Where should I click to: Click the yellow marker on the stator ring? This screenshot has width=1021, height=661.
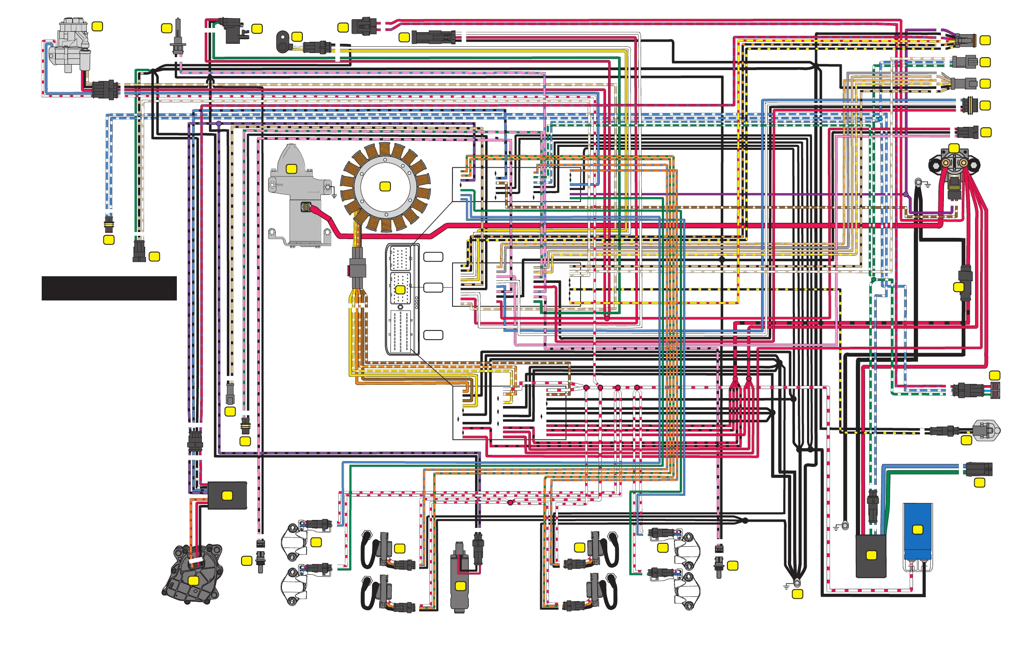(x=385, y=186)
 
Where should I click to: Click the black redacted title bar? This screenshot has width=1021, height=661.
(x=109, y=288)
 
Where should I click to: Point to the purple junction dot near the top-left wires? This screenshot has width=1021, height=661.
(x=219, y=124)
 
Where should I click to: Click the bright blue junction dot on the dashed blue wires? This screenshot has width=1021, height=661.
(x=880, y=119)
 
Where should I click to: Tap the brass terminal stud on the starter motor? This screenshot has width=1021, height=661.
(x=306, y=208)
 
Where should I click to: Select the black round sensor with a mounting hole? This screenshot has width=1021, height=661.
(x=283, y=42)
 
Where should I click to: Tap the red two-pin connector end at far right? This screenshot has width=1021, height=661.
(x=995, y=391)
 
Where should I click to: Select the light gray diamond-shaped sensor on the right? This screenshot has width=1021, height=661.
(x=986, y=430)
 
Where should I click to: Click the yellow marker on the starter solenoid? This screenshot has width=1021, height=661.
(x=954, y=149)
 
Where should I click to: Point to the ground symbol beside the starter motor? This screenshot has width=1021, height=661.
(x=334, y=195)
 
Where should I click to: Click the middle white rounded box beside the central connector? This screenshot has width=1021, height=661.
(x=433, y=287)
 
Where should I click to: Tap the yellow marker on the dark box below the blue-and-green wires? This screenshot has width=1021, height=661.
(x=871, y=555)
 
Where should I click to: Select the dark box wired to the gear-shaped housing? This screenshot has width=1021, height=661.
(x=227, y=496)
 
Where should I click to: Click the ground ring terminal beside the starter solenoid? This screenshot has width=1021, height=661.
(x=918, y=182)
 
